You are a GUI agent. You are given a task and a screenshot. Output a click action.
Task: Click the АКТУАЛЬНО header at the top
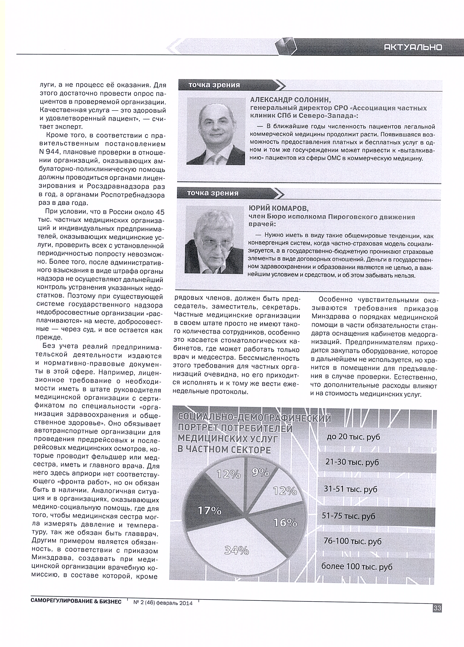click(x=413, y=47)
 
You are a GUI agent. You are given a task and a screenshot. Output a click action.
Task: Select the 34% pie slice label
click(x=237, y=550)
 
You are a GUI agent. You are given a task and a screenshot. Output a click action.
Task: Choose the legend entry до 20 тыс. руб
click(x=353, y=437)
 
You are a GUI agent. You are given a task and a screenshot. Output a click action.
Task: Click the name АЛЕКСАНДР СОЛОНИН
click(x=290, y=100)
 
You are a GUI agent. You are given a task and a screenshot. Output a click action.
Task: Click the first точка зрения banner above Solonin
click(x=214, y=85)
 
